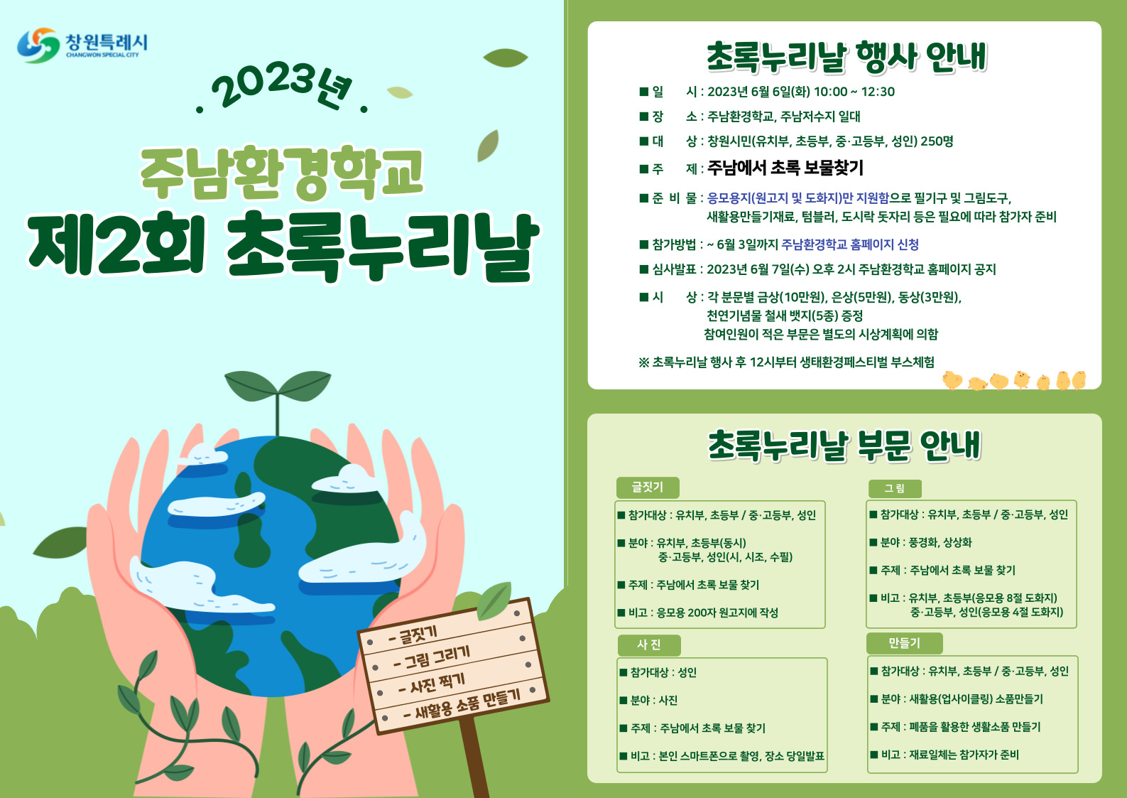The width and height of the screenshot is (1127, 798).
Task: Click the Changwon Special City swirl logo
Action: tap(38, 45)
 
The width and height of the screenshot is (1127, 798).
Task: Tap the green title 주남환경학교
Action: tap(282, 172)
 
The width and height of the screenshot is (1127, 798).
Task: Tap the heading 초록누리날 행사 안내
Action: tap(846, 57)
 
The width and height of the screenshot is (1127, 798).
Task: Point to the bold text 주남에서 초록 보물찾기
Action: tap(785, 168)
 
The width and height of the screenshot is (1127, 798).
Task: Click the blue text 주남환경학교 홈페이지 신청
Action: tap(850, 244)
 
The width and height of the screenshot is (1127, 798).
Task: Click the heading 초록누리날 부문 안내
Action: tap(845, 445)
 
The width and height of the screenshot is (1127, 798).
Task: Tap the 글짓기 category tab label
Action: tap(648, 487)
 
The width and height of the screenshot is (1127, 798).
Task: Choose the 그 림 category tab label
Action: tap(895, 488)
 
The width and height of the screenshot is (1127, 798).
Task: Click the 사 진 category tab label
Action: tap(649, 645)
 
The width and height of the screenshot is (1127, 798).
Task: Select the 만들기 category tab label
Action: tap(904, 643)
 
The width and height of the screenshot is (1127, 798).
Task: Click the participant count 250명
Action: tap(937, 141)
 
